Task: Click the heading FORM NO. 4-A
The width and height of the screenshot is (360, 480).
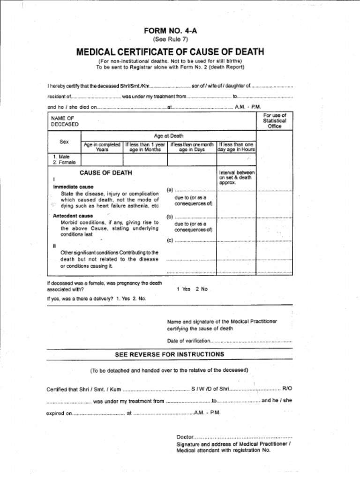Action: tap(170, 31)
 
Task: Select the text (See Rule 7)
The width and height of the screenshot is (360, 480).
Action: tap(170, 39)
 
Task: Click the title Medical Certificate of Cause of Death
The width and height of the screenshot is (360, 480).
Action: tap(170, 52)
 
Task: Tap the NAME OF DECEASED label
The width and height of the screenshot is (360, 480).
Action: tap(65, 121)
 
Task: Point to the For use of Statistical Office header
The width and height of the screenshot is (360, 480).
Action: tap(274, 120)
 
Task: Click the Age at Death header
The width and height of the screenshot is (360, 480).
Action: tap(169, 135)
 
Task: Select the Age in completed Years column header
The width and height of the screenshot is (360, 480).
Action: tap(102, 147)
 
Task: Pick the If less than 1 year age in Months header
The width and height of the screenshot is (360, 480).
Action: tap(145, 147)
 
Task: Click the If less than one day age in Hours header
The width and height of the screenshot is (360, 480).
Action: tap(236, 147)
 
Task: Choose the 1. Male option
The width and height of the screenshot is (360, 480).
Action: tap(61, 157)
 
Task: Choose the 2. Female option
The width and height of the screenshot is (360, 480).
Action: tap(64, 162)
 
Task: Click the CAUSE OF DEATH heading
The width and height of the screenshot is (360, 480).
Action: tap(105, 173)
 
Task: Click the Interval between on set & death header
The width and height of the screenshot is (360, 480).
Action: tap(236, 177)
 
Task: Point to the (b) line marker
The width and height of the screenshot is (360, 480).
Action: tap(170, 217)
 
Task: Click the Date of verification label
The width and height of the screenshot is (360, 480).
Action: tap(188, 341)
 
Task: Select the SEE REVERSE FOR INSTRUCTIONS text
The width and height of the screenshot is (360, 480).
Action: tap(169, 354)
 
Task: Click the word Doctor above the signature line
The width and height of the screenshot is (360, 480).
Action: tap(185, 436)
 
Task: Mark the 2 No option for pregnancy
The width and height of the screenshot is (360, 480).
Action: tap(202, 289)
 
